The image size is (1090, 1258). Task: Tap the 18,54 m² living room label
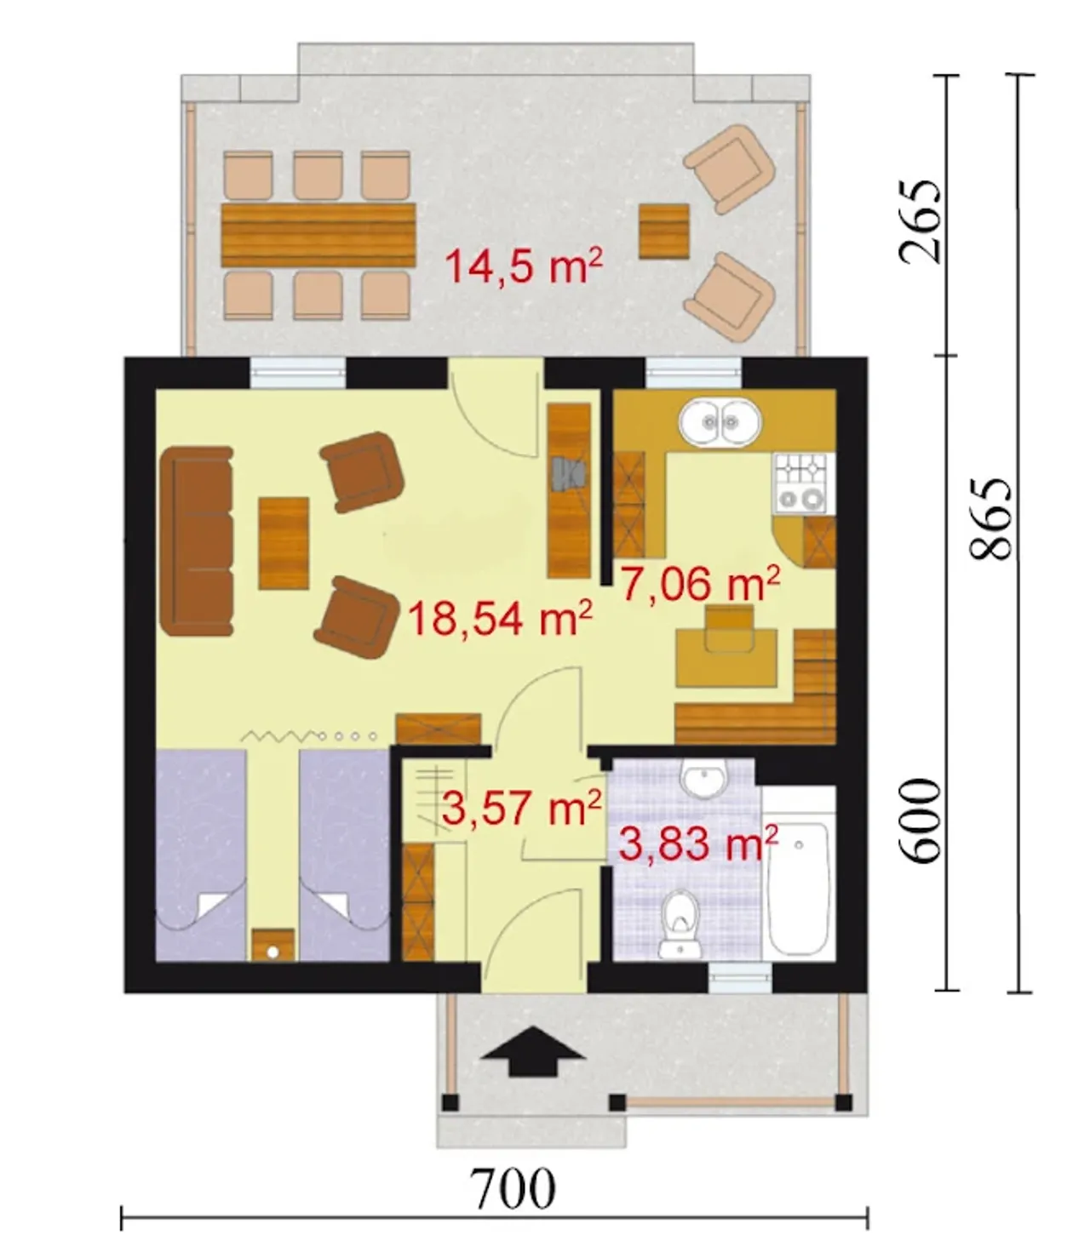point(499,618)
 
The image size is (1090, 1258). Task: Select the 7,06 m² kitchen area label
point(700,582)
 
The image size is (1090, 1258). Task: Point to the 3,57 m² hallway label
point(521,807)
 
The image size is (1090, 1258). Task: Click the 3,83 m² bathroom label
point(698,843)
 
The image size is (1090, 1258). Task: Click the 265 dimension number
point(920,221)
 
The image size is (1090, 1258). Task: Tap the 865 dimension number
point(990,518)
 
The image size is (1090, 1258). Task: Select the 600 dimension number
point(920,821)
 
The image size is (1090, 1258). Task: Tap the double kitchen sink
point(720,422)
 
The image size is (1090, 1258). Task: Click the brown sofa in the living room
point(197,541)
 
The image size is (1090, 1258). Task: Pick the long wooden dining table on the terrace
point(318,235)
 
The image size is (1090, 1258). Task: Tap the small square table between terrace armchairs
point(663,232)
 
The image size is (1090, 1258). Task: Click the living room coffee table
point(284,543)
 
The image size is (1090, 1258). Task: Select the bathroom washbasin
point(704,779)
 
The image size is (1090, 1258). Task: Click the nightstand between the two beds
point(273,944)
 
